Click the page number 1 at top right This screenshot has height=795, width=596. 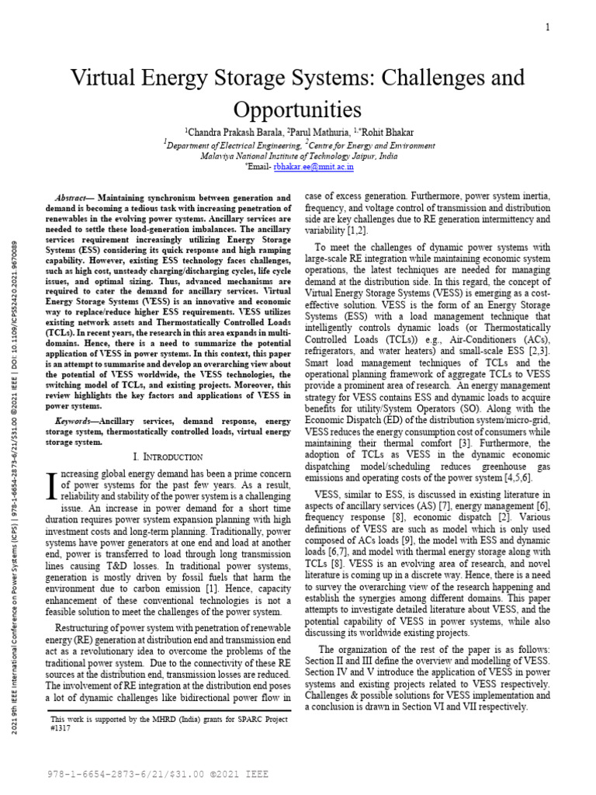[x=548, y=27]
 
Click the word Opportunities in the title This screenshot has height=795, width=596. [x=298, y=107]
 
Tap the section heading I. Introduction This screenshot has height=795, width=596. [x=168, y=457]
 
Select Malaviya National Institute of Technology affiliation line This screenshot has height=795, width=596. [x=299, y=155]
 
